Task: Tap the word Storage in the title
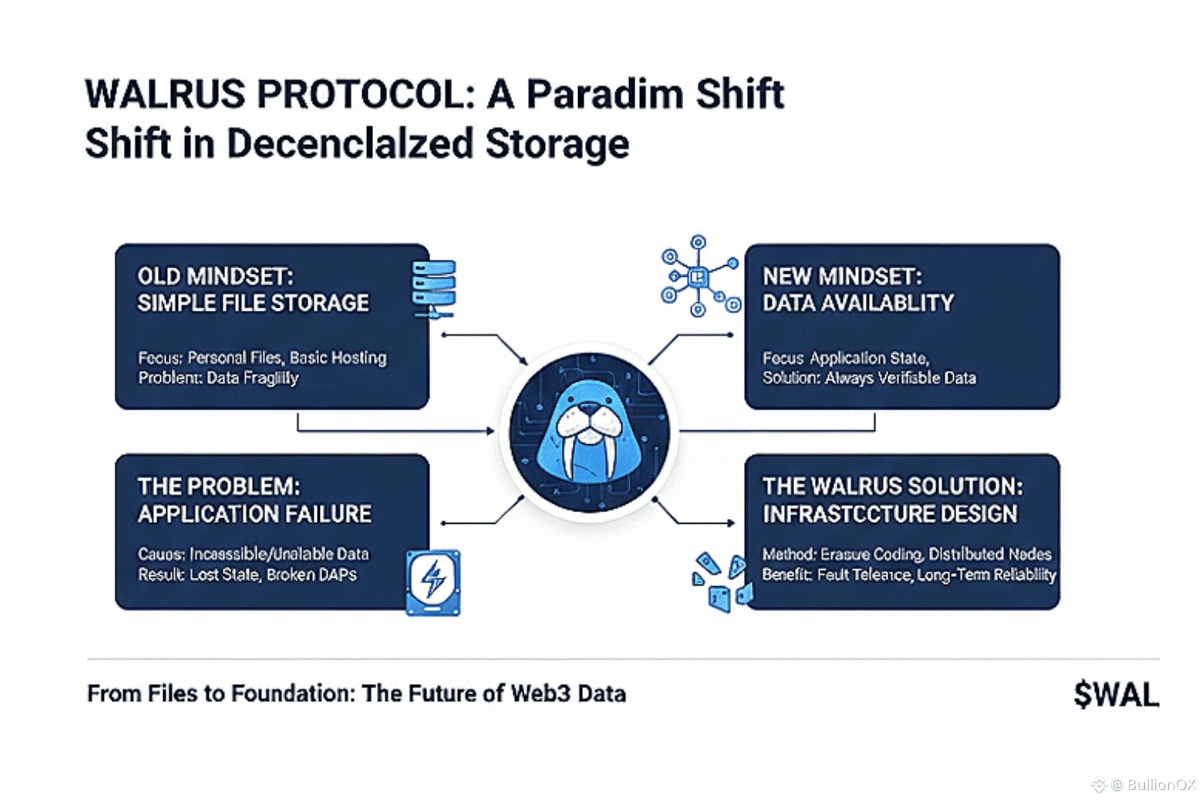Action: click(557, 144)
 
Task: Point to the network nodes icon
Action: click(699, 276)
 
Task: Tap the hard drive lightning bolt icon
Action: click(433, 582)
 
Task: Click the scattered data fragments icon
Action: click(721, 581)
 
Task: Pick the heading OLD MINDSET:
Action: click(215, 277)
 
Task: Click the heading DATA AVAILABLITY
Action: click(858, 303)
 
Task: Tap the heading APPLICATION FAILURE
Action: click(254, 514)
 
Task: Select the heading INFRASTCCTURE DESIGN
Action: click(889, 514)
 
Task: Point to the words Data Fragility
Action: click(252, 378)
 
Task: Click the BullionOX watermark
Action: click(1160, 785)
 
